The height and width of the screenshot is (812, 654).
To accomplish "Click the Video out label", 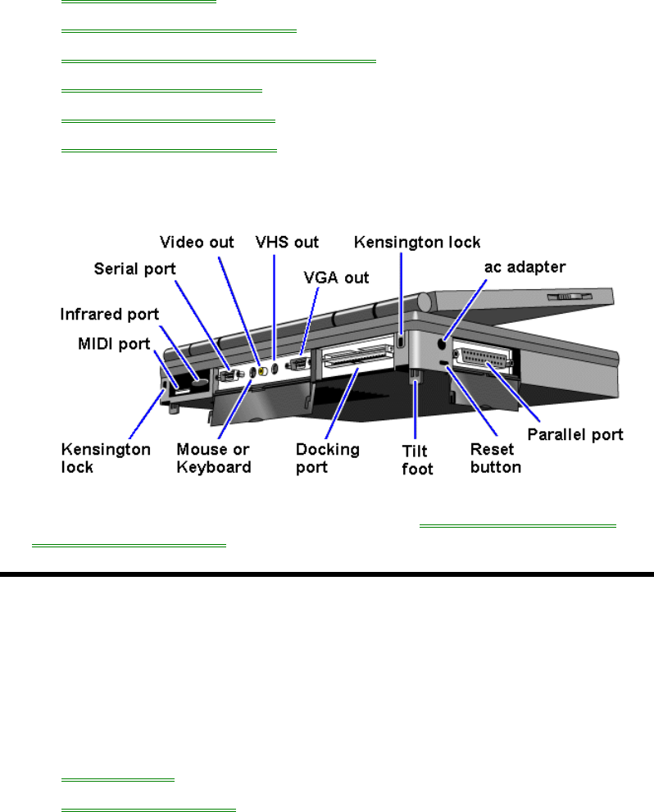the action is [197, 243].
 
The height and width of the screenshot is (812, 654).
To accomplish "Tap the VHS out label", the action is [287, 243].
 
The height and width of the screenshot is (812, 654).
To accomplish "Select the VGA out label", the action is [336, 278].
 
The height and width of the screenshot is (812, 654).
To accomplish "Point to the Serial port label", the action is [134, 270].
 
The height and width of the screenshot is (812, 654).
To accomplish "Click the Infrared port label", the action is [109, 315].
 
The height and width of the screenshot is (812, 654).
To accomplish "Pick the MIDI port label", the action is [114, 344].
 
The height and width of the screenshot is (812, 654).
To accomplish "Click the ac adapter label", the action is [525, 267].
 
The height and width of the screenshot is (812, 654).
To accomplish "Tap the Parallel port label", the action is [575, 434].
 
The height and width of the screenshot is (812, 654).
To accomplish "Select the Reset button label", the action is [496, 458].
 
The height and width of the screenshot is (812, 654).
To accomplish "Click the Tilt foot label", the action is [417, 460].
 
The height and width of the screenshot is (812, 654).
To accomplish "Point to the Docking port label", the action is [327, 458].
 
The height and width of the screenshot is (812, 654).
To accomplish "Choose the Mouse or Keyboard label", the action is [214, 458].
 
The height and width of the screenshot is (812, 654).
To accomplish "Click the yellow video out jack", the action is [262, 371].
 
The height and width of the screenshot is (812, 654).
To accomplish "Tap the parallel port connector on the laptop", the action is [484, 357].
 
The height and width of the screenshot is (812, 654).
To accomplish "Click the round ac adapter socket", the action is [442, 343].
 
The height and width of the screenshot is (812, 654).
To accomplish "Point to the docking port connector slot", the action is [357, 357].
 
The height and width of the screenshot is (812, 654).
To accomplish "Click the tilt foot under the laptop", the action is [416, 376].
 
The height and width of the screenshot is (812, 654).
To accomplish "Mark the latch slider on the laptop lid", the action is [569, 297].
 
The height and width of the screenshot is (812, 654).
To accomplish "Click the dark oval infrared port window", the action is [199, 383].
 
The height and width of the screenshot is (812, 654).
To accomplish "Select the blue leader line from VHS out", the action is [274, 306].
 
